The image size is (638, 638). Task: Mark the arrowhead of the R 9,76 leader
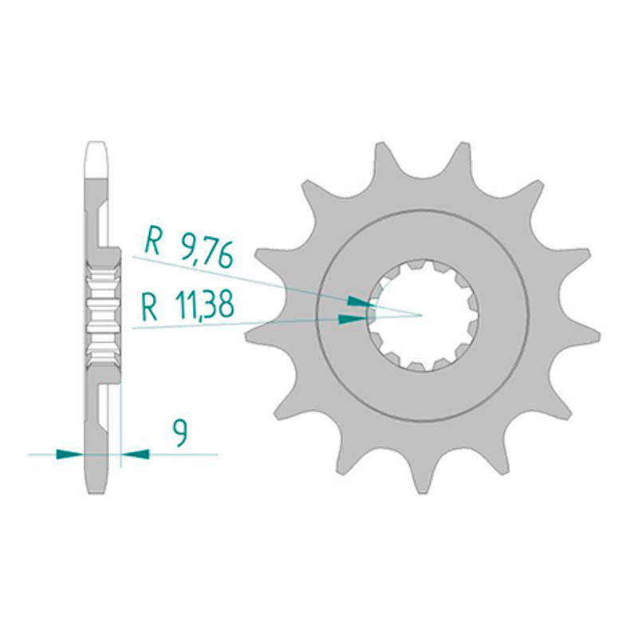[360, 302]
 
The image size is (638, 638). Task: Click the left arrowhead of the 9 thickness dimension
[69, 454]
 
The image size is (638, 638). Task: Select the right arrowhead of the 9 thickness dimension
[136, 454]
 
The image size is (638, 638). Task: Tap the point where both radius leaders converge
[422, 315]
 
